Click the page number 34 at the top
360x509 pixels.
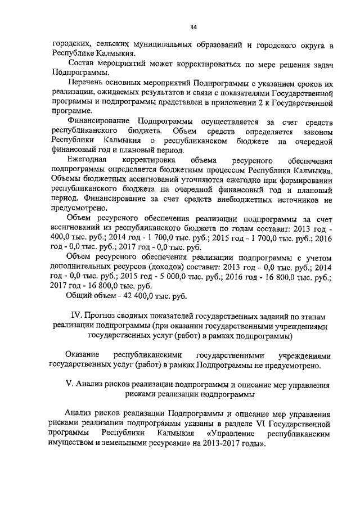tap(193, 26)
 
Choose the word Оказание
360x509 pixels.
tap(82, 355)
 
